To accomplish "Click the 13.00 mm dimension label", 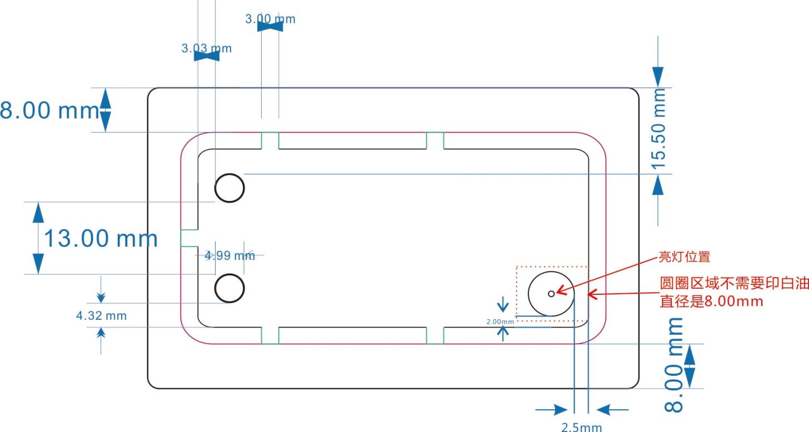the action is pos(101,238).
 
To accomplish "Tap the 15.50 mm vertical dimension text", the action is pos(658,129).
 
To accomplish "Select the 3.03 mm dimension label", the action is pos(206,48).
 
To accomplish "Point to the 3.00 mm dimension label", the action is pos(270,19).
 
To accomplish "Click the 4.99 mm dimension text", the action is pos(229,255).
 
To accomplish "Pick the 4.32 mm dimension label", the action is pos(101,316).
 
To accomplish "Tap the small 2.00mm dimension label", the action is pos(500,322).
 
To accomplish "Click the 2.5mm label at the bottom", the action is pos(581,428).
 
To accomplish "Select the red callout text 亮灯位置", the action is pos(685,257).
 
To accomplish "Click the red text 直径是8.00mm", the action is pos(711,301).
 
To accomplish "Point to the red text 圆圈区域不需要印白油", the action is pos(734,283).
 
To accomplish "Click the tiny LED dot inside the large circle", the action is pos(551,294).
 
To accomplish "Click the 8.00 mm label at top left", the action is pos(50,110).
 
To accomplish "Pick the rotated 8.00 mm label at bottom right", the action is pos(674,365).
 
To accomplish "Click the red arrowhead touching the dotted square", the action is pos(592,294).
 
